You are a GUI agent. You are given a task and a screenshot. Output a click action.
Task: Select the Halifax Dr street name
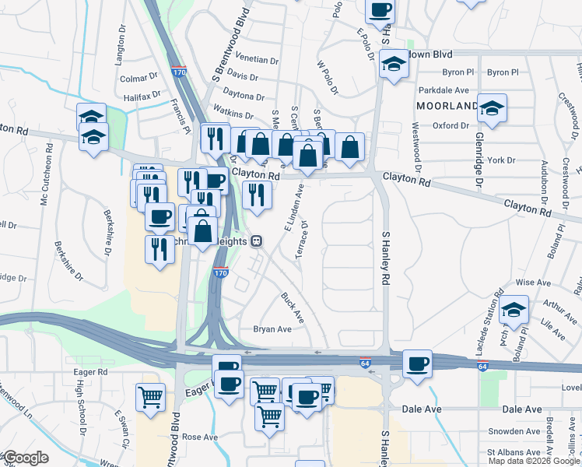[x=142, y=97]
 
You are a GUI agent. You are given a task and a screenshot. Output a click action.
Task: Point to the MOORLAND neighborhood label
[x=446, y=106]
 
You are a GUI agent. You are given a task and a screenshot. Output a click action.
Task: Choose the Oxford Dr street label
[x=451, y=125]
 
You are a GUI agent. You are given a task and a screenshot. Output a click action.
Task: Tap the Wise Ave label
[x=533, y=283]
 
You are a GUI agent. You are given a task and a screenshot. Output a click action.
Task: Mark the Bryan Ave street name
[x=272, y=329]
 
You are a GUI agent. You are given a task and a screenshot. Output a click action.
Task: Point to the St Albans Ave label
[x=512, y=451]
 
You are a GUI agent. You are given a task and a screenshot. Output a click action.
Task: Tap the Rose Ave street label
[x=200, y=437]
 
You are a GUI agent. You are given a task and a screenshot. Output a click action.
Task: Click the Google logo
[x=26, y=458]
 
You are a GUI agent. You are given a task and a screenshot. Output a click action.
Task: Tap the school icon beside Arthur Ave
[x=514, y=308]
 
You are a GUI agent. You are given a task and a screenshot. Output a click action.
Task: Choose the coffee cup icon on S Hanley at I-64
[x=417, y=363]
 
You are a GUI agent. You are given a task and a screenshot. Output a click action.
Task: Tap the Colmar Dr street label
[x=138, y=79]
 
